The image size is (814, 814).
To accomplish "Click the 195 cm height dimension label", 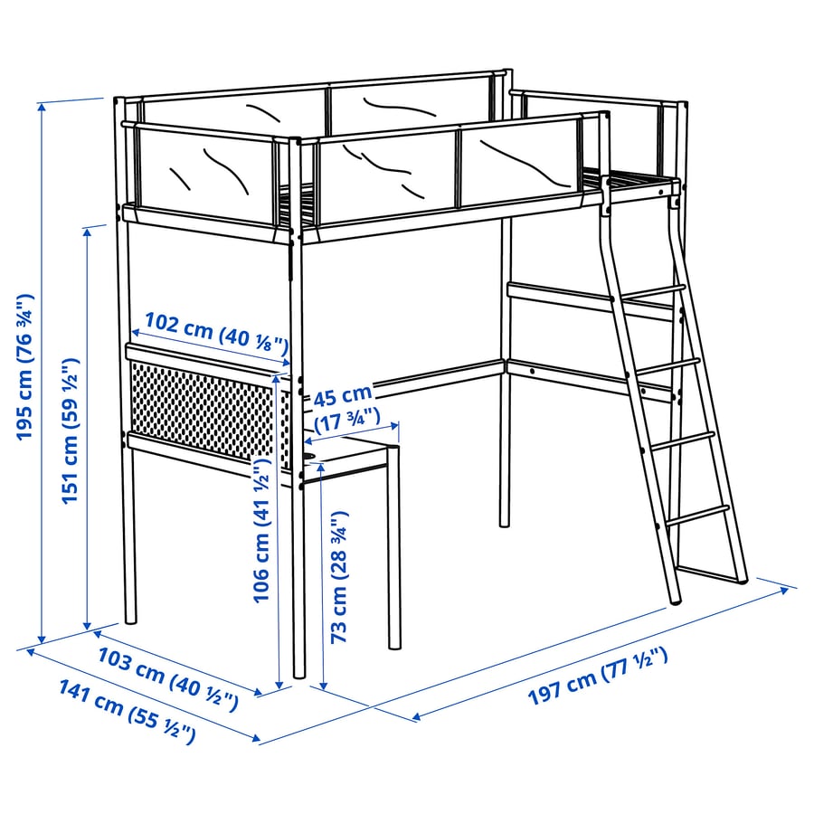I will (x=24, y=366).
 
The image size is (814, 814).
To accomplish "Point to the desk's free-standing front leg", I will (x=394, y=552).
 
